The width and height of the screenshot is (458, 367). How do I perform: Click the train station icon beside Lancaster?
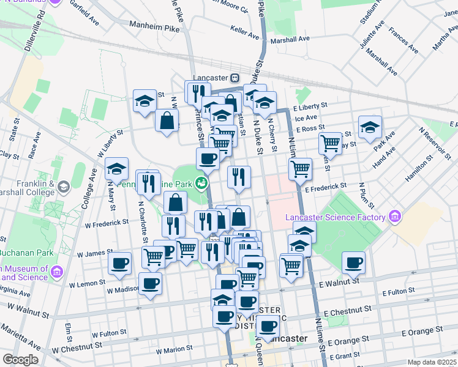pos(235,78)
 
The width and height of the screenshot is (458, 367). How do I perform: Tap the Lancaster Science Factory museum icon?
pos(394,217)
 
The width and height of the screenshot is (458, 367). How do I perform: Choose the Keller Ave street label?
pos(249,29)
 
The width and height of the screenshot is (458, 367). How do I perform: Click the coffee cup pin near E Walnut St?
pos(353,262)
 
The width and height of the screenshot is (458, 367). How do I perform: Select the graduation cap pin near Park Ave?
pos(369,128)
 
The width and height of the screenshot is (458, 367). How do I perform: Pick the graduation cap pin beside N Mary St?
pos(116,169)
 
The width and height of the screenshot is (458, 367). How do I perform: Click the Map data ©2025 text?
pos(432,362)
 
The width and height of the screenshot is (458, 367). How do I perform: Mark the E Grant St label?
pos(347,355)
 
